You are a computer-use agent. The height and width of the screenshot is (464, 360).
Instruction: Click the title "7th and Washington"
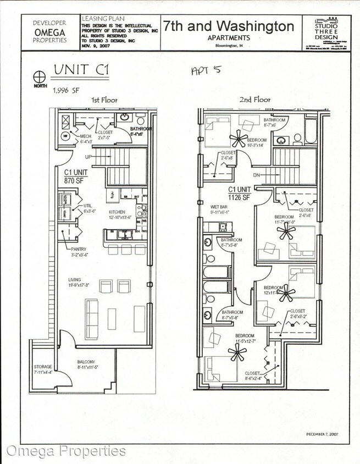(228, 26)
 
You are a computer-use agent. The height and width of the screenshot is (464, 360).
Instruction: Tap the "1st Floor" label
(104, 101)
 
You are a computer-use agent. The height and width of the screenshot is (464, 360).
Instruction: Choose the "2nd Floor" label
(254, 100)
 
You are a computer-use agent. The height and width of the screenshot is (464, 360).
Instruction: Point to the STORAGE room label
(43, 367)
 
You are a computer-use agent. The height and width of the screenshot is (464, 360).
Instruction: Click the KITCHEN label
(117, 212)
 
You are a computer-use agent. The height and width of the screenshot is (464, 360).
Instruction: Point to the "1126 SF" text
(239, 197)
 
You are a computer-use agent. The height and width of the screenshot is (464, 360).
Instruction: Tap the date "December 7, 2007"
(322, 434)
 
